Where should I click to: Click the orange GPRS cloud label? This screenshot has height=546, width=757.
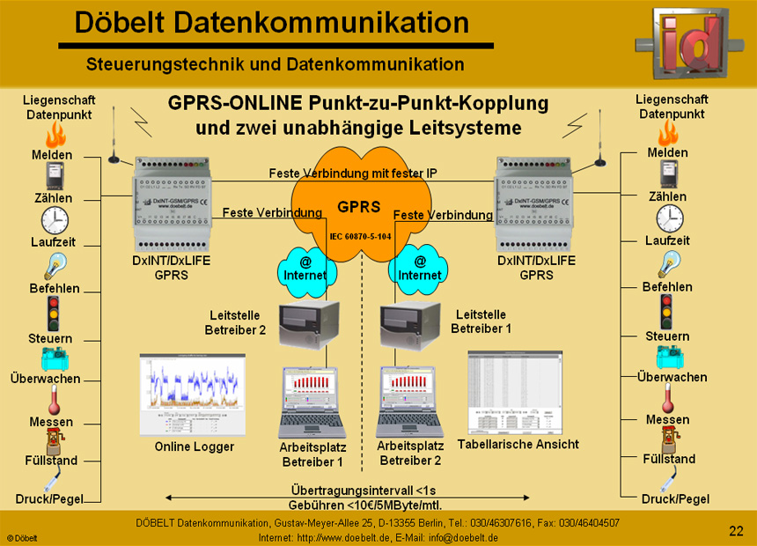pos(358,208)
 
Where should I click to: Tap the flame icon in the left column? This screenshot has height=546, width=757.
pos(56,134)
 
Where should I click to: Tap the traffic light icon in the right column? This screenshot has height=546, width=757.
pos(667,312)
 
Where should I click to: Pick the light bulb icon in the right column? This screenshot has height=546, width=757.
pos(668,264)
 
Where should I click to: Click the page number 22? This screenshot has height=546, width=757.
pos(736,530)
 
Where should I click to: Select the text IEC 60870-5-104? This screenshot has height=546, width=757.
pos(360,237)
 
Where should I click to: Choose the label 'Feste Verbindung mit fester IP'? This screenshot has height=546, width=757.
pos(353,173)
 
